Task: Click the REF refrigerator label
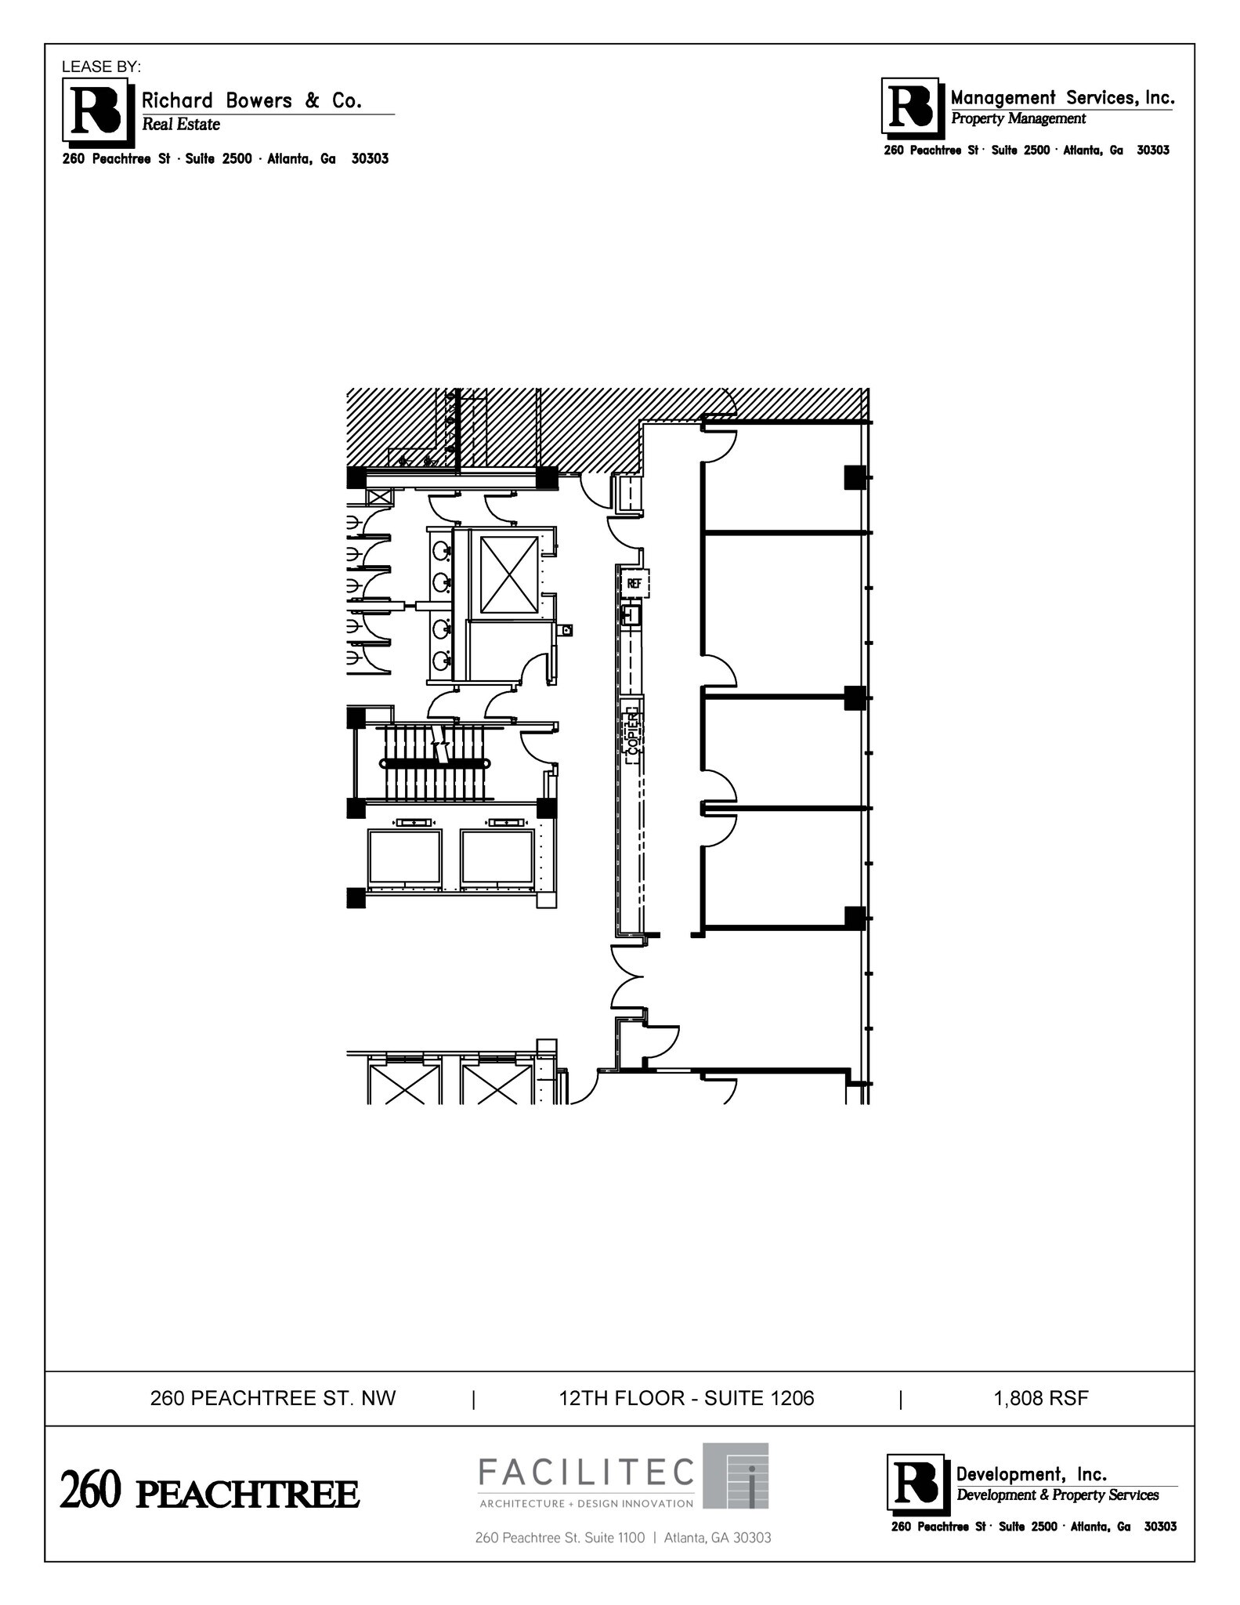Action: click(x=634, y=583)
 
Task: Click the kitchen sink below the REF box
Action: click(x=631, y=614)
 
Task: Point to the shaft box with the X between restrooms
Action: click(x=509, y=574)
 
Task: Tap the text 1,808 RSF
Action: click(x=1041, y=1398)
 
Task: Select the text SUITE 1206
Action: click(x=759, y=1398)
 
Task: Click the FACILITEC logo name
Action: click(x=587, y=1473)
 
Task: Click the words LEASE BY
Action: click(x=101, y=67)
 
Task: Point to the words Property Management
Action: click(x=1018, y=119)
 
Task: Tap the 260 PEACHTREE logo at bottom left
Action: click(x=210, y=1492)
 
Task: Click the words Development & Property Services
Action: click(x=1057, y=1495)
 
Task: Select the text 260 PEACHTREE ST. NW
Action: click(x=273, y=1398)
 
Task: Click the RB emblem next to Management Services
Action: click(x=910, y=106)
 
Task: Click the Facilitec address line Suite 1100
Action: click(x=623, y=1538)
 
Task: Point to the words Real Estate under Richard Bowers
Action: click(x=181, y=125)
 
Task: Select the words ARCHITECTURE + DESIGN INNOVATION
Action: click(x=586, y=1503)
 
